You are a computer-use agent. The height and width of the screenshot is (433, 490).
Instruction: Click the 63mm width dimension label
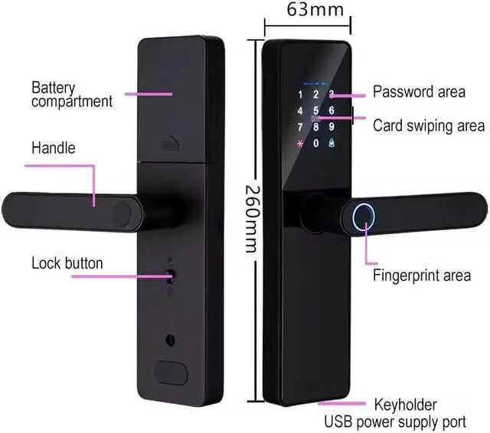coord(304,10)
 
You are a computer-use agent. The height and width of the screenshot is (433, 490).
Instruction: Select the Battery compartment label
coord(71,94)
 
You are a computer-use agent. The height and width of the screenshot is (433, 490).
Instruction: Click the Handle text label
coord(53,148)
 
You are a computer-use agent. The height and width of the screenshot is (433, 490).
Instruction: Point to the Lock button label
coord(67,263)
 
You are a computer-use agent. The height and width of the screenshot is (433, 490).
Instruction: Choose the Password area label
coord(418,92)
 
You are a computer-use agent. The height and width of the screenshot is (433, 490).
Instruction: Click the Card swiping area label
coord(428,125)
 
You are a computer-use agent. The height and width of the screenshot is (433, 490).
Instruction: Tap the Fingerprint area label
coord(420,275)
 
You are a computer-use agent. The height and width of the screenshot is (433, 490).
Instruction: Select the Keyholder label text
coord(405,405)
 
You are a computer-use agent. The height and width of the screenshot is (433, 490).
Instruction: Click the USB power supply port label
coord(394,421)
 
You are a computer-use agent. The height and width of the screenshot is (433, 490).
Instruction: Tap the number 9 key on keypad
coord(332,127)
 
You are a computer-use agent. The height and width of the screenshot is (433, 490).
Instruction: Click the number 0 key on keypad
coord(315,144)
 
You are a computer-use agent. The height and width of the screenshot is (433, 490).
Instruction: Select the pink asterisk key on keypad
coord(300,144)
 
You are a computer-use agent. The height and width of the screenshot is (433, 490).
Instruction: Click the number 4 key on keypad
coord(300,111)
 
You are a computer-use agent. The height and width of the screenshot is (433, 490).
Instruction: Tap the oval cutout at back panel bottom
coord(172,372)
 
